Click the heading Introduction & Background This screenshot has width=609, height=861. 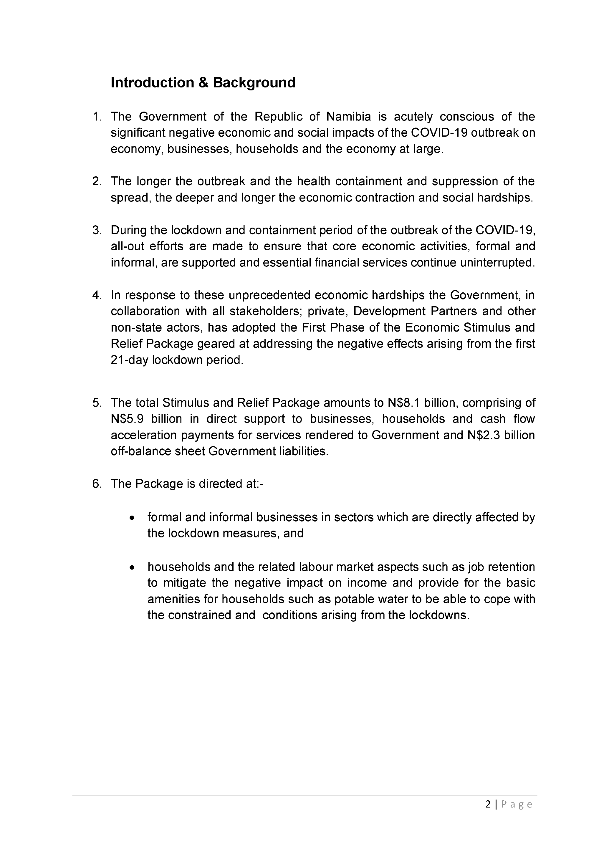[x=203, y=82]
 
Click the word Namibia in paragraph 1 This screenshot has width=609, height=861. [x=348, y=117]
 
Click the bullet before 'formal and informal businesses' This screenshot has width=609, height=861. [x=132, y=518]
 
